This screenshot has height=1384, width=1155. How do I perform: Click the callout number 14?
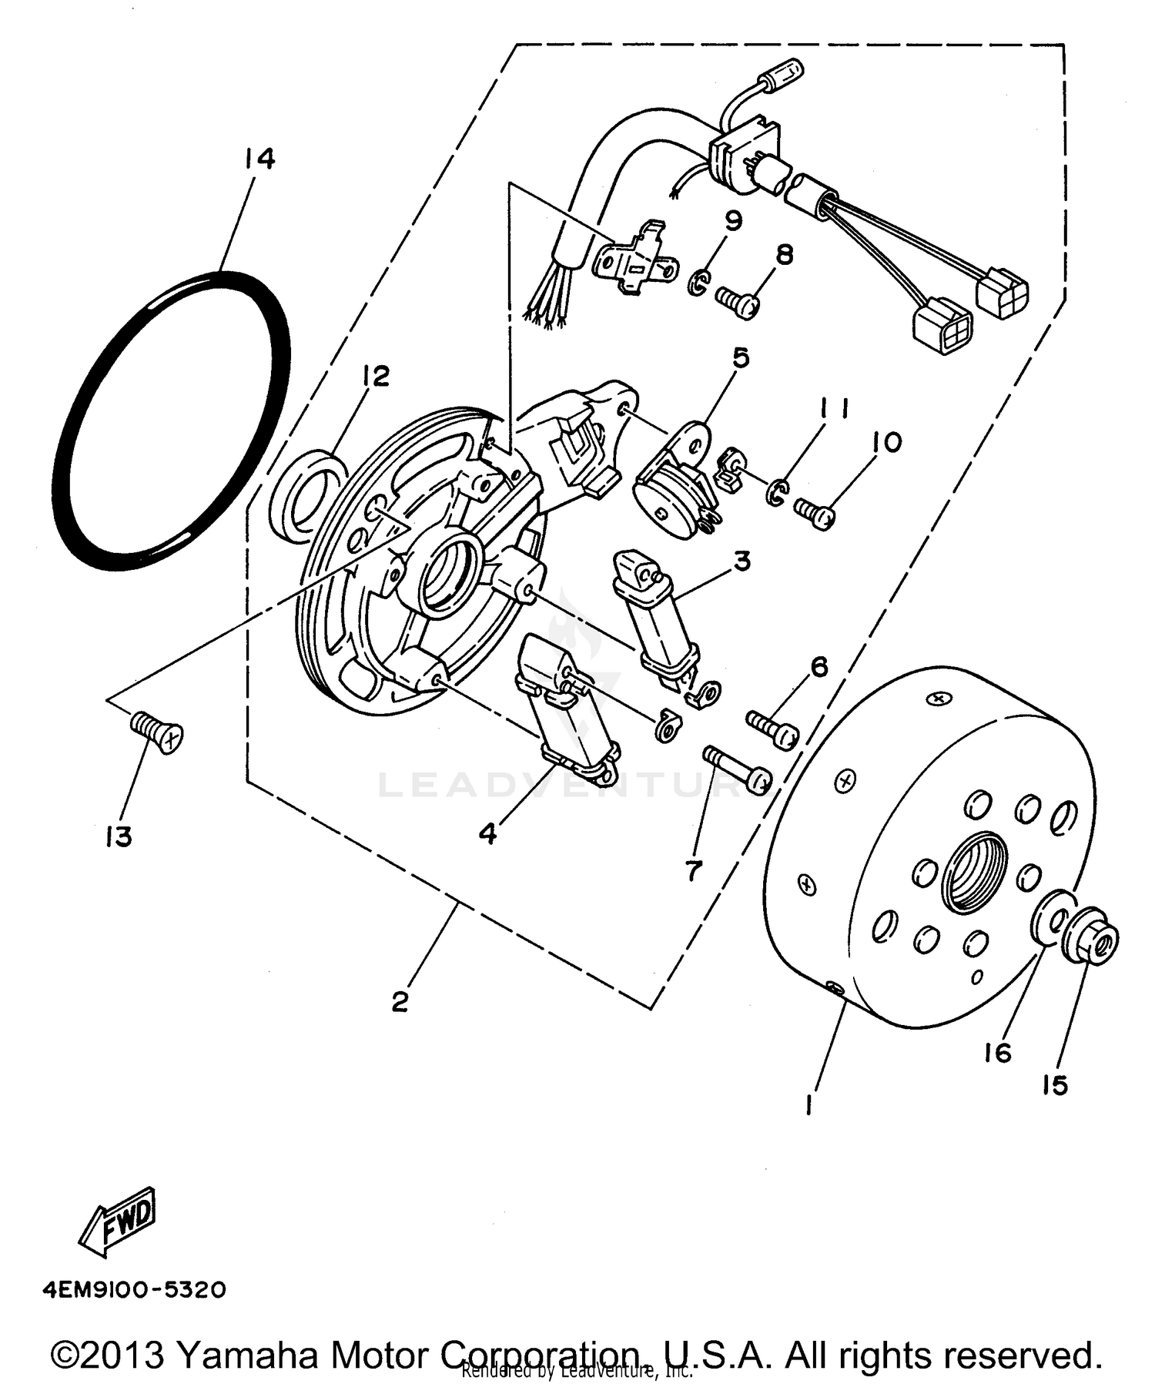tap(259, 159)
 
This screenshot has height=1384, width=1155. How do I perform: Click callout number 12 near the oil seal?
tap(377, 377)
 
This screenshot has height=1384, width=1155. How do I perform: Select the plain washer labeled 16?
tap(1052, 918)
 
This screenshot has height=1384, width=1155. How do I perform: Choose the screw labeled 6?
tap(772, 728)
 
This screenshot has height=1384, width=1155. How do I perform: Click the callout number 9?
tap(732, 222)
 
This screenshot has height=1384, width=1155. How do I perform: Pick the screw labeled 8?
tap(737, 300)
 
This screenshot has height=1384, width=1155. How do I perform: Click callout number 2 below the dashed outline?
tap(400, 1003)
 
